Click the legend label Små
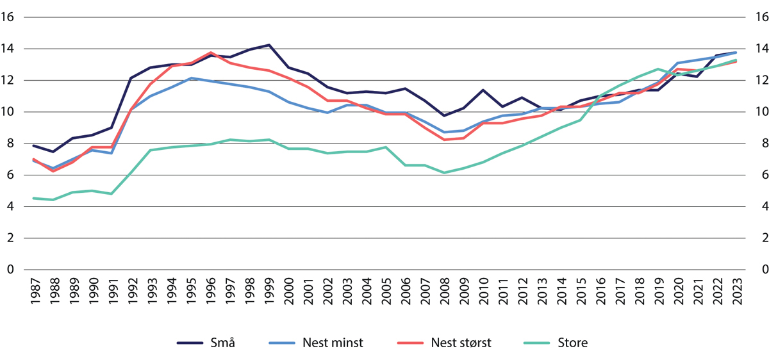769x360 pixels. click(x=224, y=343)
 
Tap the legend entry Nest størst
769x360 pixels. click(x=461, y=343)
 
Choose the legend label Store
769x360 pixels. click(x=573, y=343)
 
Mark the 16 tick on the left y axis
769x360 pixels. click(x=9, y=17)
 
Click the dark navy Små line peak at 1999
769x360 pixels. click(x=269, y=45)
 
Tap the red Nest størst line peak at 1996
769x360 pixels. click(x=210, y=53)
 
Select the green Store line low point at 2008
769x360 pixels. click(x=443, y=172)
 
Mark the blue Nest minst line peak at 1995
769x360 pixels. click(x=190, y=78)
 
